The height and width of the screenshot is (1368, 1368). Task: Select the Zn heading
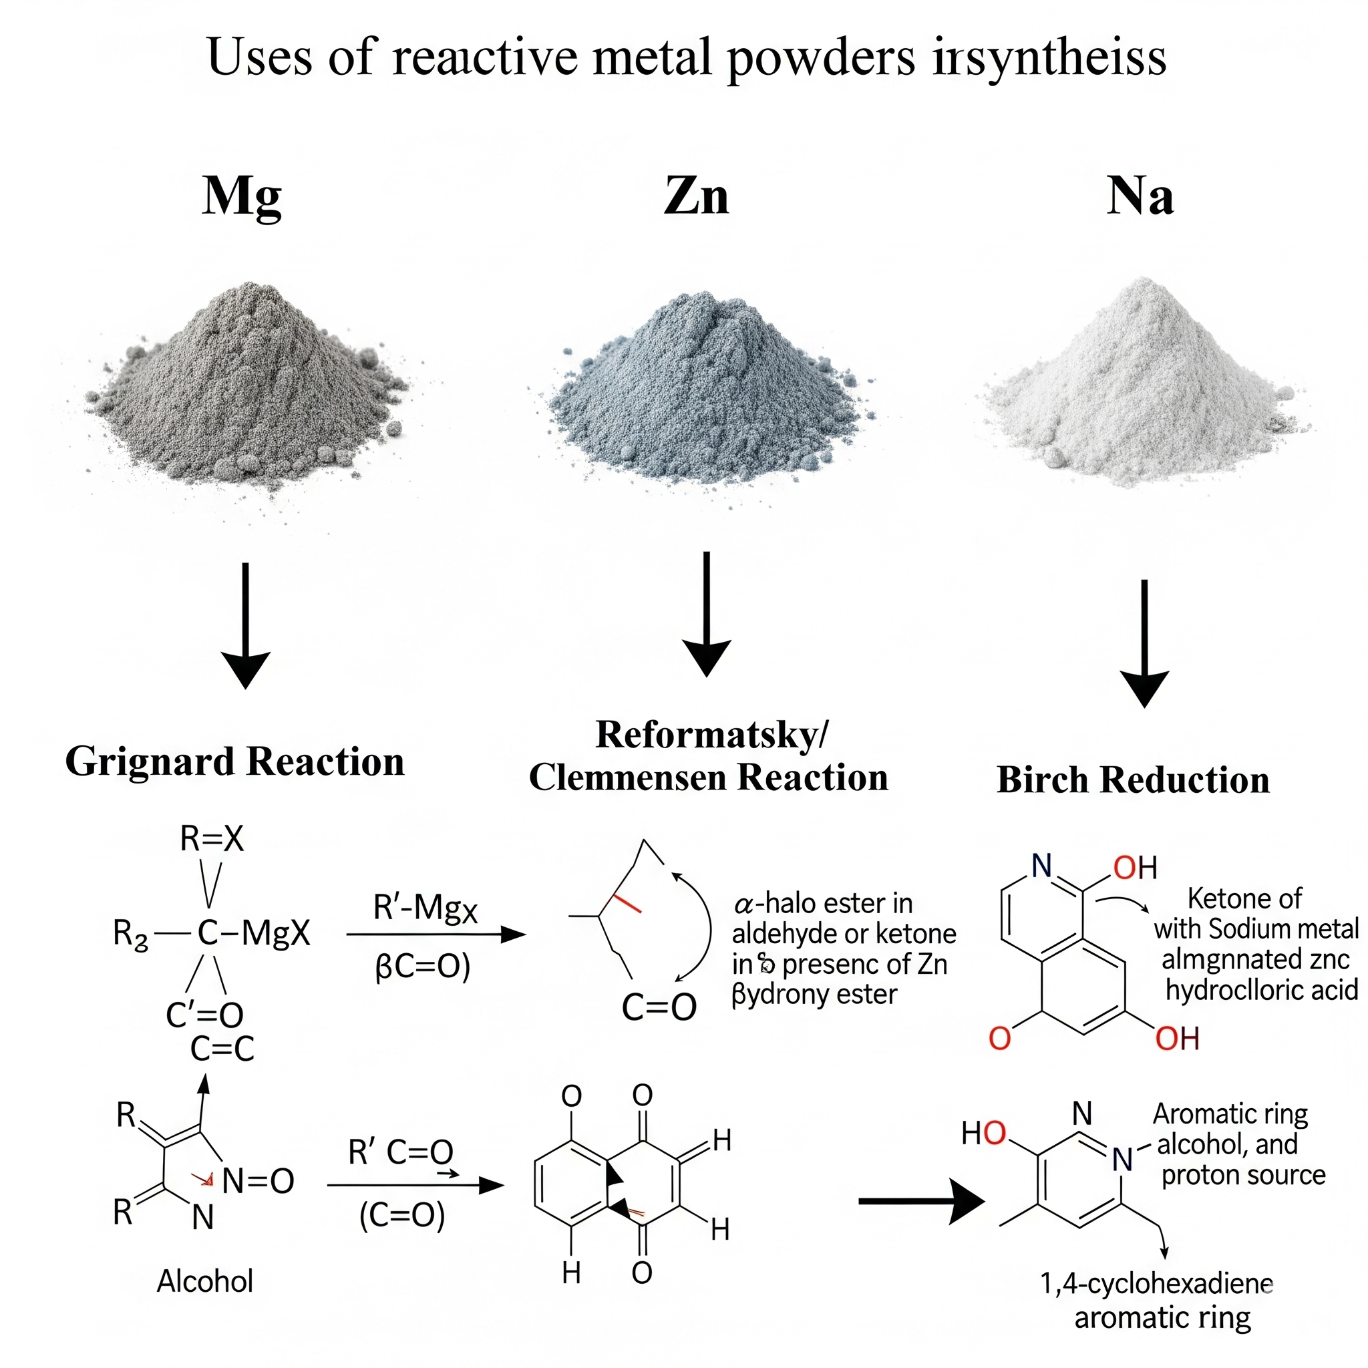tap(696, 196)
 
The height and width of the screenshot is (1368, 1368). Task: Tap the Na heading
tap(1140, 196)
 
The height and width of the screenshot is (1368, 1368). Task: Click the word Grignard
tap(150, 762)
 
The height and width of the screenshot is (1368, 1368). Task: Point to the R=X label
tap(212, 839)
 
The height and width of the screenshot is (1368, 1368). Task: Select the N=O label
tap(258, 1181)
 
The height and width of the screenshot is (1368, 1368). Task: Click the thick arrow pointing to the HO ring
tap(920, 1201)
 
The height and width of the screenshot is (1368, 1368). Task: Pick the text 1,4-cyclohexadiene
tap(1156, 1283)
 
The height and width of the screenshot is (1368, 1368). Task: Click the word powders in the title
tap(822, 58)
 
